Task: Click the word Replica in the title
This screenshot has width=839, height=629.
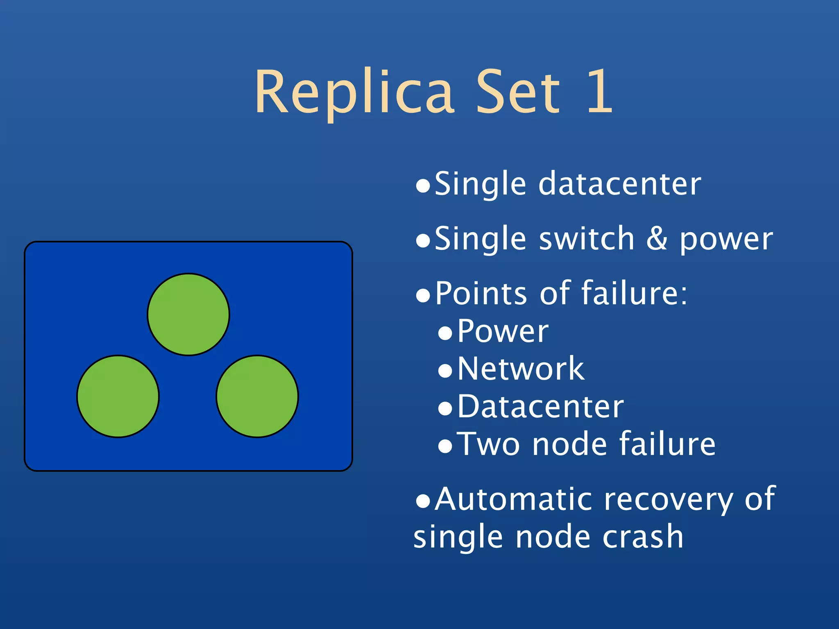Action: click(354, 92)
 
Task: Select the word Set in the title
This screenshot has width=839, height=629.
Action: click(517, 92)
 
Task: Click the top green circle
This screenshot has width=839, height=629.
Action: click(188, 314)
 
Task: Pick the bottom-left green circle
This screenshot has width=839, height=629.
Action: click(118, 396)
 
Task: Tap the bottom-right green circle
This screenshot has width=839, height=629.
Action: click(257, 396)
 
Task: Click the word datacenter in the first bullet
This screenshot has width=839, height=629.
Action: click(619, 184)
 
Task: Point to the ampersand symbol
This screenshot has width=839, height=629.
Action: click(657, 239)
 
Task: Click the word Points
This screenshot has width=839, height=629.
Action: click(481, 294)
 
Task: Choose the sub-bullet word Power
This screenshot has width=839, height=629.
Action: click(503, 331)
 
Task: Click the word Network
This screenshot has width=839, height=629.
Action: click(521, 369)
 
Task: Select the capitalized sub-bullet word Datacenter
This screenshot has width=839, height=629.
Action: click(540, 407)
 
